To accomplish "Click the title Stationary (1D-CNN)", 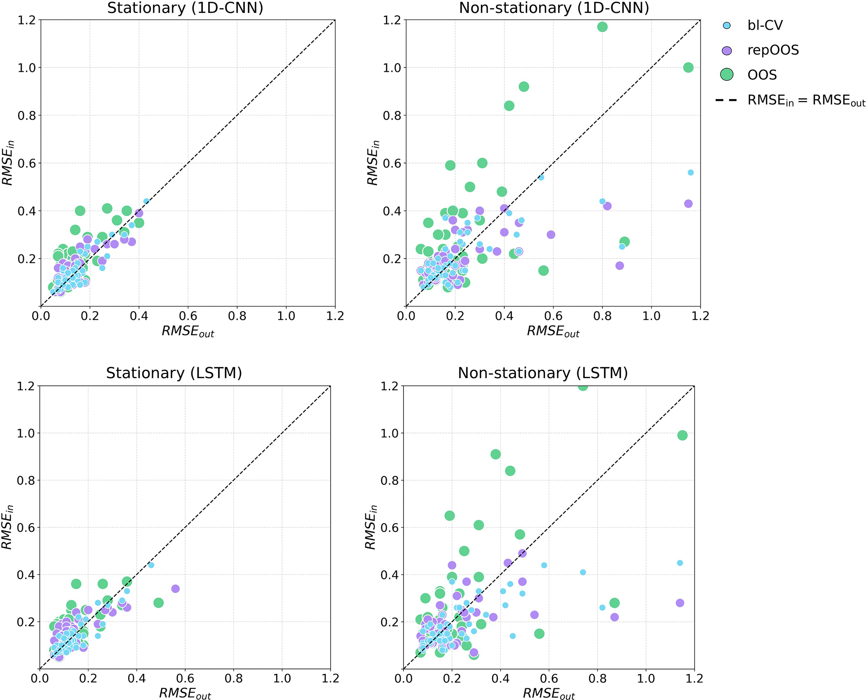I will point(185,8).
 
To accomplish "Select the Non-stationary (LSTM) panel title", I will point(543,373).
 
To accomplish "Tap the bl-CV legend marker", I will point(727,26).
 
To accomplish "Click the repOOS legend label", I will point(773,50).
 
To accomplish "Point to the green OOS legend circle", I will point(727,75).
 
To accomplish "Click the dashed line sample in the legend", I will point(727,100).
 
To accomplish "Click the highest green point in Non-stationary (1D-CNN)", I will point(602,27).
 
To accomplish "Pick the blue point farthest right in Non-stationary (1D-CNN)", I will point(691,172).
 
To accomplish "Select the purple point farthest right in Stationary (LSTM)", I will point(176,589).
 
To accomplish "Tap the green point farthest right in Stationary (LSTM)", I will point(158,603).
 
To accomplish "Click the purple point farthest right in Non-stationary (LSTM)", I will point(680,603).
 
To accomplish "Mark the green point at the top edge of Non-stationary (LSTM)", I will point(583,386).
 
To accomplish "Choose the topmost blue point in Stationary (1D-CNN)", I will point(146,201).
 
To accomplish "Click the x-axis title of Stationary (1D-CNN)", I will point(188,332).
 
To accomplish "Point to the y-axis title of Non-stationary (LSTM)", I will point(371,527).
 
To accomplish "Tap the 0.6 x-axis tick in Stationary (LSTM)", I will point(185,678).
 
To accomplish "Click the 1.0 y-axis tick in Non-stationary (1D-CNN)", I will point(391,68).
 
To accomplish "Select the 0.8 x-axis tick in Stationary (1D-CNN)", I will point(237,316).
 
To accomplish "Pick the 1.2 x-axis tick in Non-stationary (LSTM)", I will point(694,678).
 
